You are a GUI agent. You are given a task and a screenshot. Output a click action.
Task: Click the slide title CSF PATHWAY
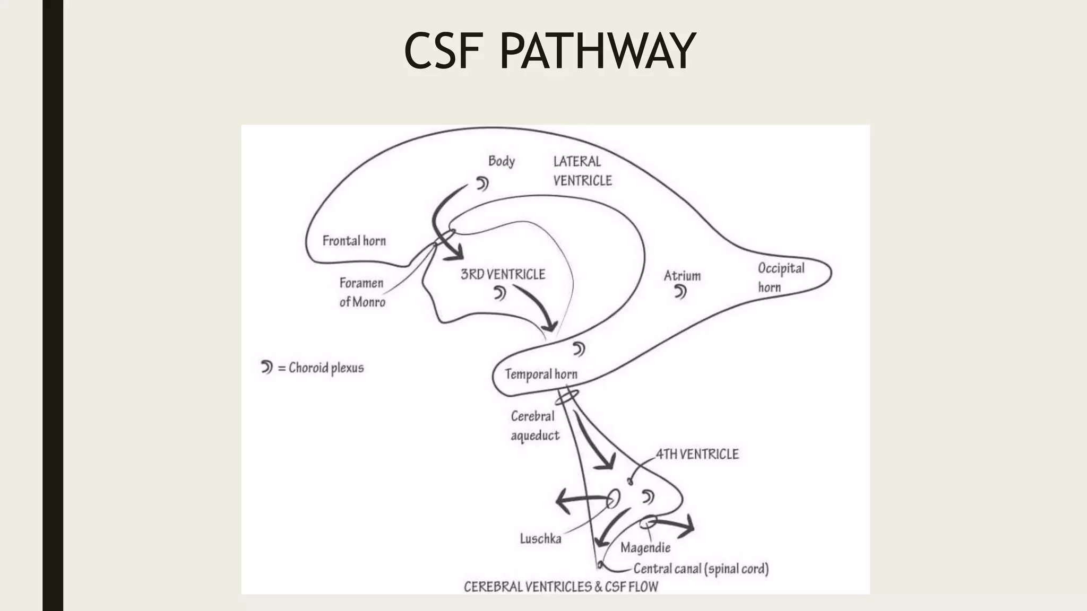pos(549,51)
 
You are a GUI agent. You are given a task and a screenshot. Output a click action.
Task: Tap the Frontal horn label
pos(354,241)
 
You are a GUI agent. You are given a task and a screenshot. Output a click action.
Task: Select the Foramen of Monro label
pos(362,292)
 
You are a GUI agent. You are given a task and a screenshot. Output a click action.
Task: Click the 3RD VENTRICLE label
pos(503,274)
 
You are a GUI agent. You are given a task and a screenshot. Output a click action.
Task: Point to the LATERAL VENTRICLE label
pos(582,171)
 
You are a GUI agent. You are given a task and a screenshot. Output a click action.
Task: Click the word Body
pos(501,161)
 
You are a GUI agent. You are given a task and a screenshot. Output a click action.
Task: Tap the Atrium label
pos(682,276)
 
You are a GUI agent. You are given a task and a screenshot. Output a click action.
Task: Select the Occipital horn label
pos(780,277)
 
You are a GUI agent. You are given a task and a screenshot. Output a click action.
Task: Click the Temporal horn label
pos(541,374)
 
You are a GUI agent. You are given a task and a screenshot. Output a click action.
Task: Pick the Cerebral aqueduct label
pos(534,426)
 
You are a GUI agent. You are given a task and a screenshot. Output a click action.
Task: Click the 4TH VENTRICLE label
pos(697,454)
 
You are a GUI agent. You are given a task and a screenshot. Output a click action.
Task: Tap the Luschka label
pos(540,539)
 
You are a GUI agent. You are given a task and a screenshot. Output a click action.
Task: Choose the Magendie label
pos(645,547)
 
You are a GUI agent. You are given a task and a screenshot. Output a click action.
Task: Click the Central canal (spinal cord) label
pos(701,569)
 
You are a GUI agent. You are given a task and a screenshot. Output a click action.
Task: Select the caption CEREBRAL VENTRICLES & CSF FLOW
pos(560,587)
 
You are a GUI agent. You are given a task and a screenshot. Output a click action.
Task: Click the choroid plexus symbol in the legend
pos(266,366)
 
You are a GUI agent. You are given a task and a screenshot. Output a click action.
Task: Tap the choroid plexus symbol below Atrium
pos(680,292)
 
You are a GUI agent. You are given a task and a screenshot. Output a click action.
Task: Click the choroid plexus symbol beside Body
pos(482,184)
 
